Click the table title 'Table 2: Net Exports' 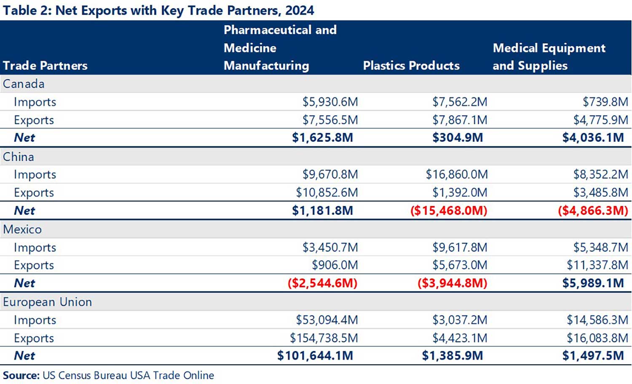click(x=158, y=10)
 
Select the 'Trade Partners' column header click(x=45, y=66)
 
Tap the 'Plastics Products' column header click(x=411, y=66)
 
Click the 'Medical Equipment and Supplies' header click(x=549, y=57)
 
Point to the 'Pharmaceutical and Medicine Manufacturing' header click(x=280, y=48)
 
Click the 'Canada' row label click(x=24, y=84)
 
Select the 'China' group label click(x=19, y=157)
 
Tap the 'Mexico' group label click(x=22, y=230)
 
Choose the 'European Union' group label click(x=47, y=302)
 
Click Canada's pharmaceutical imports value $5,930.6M click(x=330, y=102)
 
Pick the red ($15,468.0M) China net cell click(x=448, y=211)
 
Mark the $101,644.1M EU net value click(x=315, y=356)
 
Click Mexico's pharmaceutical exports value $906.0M click(x=335, y=265)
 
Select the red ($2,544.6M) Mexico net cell click(x=322, y=283)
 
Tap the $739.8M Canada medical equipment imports click(x=605, y=102)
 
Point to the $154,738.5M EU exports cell click(x=324, y=338)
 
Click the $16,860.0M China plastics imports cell click(x=456, y=175)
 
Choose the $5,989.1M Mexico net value click(x=593, y=283)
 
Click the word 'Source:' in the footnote click(x=21, y=375)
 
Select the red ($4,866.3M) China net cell click(x=593, y=211)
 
